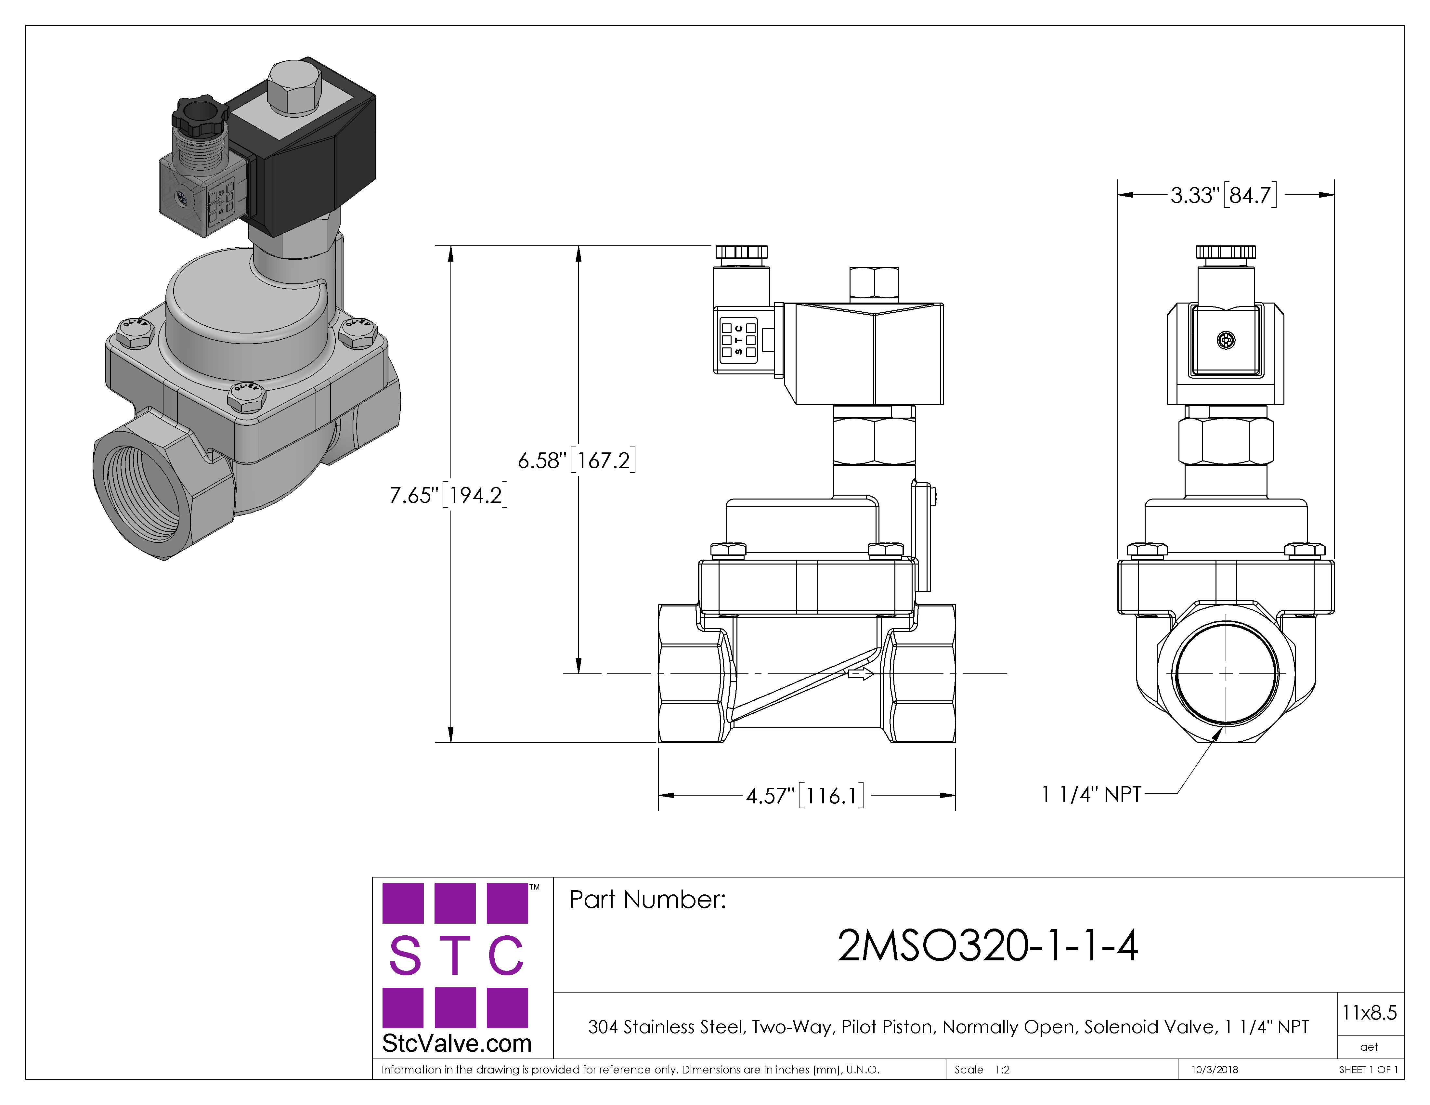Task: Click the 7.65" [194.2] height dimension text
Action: pyautogui.click(x=448, y=495)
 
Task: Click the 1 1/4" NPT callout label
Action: pyautogui.click(x=1091, y=794)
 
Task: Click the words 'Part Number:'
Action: pyautogui.click(x=647, y=900)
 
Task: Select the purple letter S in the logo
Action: pyautogui.click(x=405, y=955)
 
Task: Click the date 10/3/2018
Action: pyautogui.click(x=1215, y=1070)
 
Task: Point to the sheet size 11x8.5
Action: pyautogui.click(x=1369, y=1013)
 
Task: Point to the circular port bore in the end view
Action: pyautogui.click(x=1226, y=673)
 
